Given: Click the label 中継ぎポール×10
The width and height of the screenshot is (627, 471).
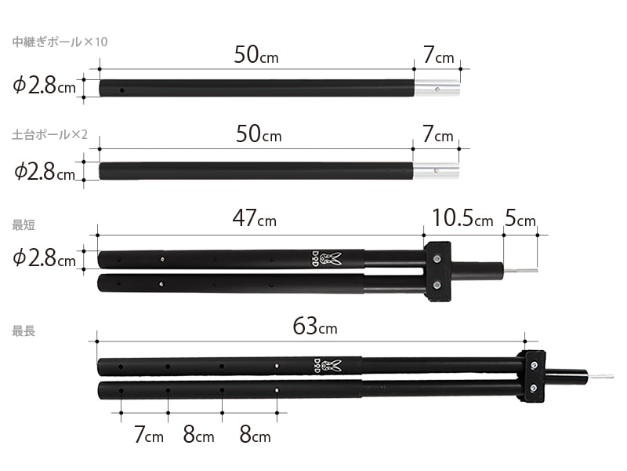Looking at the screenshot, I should coord(60,42).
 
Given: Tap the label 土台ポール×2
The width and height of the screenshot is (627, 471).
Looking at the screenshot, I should coord(54,135).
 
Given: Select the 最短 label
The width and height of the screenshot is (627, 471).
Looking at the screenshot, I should coord(24,225).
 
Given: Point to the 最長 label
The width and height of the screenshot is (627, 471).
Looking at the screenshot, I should coord(24,331).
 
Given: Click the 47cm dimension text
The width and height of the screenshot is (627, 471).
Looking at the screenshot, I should coord(255,219).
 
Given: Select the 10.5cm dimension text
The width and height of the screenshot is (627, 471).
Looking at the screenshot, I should coord(462,219).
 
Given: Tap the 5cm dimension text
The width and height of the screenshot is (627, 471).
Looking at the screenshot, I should coord(520,219).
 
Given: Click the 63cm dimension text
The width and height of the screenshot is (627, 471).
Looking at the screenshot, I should coord(315,326).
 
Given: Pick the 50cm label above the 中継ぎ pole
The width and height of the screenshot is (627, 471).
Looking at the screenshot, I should coord(256,55).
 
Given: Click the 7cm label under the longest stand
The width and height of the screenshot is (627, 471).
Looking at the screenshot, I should coord(148,434).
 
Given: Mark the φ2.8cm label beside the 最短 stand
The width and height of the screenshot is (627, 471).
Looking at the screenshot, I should coord(45,258).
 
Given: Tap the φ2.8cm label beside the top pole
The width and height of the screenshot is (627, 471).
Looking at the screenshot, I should coord(45,86).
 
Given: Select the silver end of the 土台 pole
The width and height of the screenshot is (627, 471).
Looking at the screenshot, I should coord(437,169).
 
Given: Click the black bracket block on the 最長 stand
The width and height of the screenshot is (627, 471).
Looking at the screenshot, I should coord(533,376).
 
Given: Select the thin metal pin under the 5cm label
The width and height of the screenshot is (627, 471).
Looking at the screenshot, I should coord(520,272).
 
